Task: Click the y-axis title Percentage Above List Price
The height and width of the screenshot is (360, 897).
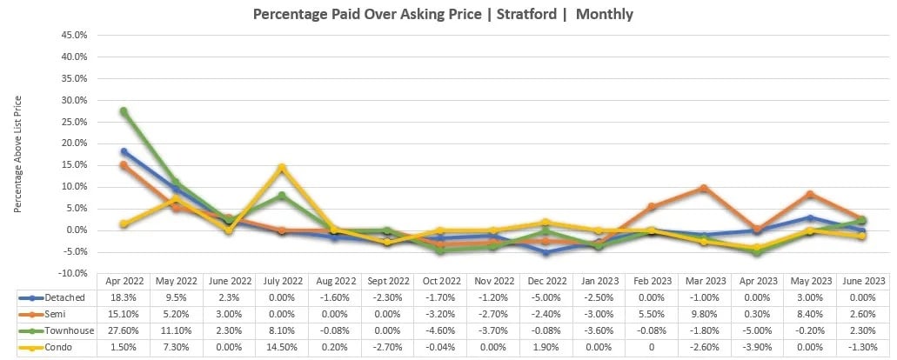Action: [17, 155]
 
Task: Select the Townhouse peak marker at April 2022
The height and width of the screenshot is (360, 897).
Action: [124, 111]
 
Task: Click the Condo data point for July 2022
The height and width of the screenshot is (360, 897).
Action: [282, 168]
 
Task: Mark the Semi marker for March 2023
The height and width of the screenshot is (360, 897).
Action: [704, 188]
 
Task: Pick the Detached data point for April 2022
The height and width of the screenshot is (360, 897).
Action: [124, 151]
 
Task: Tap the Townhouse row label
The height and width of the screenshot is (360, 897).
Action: [56, 330]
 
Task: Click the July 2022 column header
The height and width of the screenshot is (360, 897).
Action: [282, 282]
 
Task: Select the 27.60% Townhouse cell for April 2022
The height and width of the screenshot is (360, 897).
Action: [124, 330]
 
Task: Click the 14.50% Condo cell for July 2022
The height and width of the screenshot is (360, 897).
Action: [282, 347]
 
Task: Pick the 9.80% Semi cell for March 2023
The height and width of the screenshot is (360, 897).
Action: [704, 314]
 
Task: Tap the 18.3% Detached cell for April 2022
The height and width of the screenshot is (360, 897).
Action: [124, 297]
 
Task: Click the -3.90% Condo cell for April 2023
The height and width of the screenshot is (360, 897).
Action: [756, 347]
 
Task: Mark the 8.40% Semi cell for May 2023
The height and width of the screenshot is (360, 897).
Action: [809, 314]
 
